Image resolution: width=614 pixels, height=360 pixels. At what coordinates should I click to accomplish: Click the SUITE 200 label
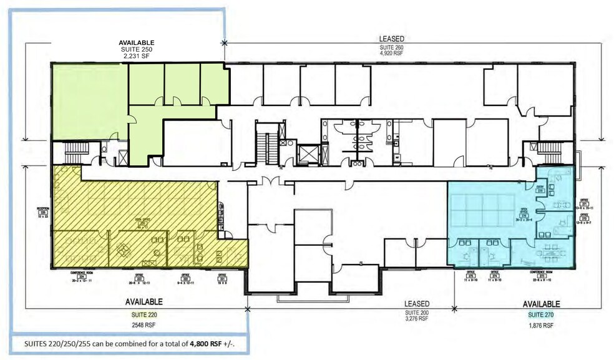(416, 311)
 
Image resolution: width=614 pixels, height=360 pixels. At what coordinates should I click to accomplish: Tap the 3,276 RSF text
(416, 318)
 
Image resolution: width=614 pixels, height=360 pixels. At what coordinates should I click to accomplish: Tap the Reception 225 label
(42, 210)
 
